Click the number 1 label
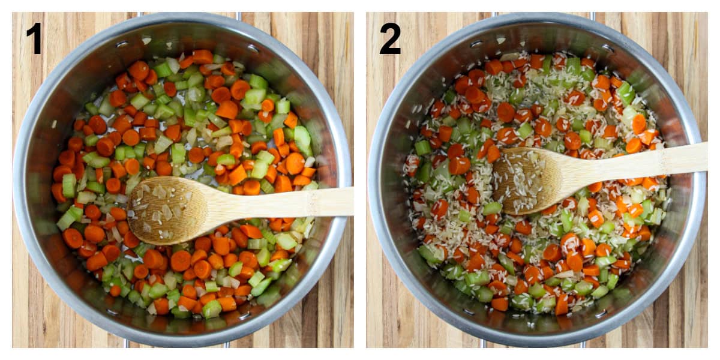(34, 38)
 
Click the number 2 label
(390, 38)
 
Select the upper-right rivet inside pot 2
(608, 49)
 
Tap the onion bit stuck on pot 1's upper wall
(146, 41)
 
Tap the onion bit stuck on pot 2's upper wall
(501, 40)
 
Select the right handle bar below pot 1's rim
(227, 344)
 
